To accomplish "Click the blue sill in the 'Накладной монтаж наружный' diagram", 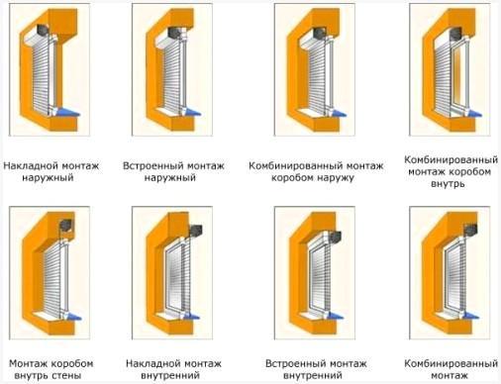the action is tap(68, 112).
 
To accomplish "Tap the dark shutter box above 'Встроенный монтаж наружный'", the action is tap(175, 33).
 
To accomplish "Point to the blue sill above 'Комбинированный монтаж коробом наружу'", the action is tap(336, 112).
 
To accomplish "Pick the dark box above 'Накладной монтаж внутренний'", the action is tap(195, 231).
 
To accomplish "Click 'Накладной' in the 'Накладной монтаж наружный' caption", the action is tap(30, 165).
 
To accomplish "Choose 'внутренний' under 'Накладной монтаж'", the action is tap(170, 375).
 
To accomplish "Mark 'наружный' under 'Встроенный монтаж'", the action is tap(170, 178).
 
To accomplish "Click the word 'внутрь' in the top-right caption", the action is tap(448, 183).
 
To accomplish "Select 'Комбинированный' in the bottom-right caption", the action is tap(451, 363).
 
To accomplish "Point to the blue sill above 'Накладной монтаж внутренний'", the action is tap(191, 316).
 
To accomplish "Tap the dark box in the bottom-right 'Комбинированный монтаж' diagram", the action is tap(471, 230).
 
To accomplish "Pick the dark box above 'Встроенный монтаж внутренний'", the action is tap(335, 237).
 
